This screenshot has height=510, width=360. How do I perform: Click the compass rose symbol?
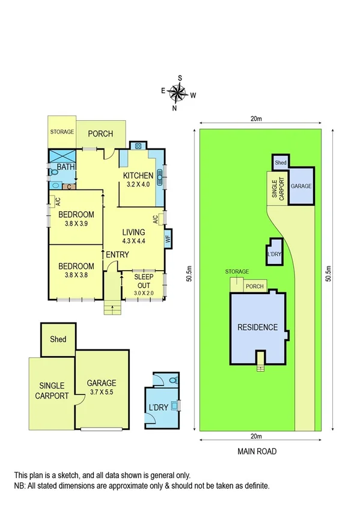pos(178,92)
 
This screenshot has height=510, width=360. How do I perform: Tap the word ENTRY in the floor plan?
pos(117,255)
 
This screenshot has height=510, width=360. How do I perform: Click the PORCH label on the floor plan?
pos(100,133)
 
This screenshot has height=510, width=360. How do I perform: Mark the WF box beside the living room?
pos(168,238)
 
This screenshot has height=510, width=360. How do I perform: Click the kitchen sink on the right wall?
pos(160,176)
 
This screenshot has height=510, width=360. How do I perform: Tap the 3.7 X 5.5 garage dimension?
pos(101,392)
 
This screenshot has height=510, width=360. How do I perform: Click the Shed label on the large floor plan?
pos(58,339)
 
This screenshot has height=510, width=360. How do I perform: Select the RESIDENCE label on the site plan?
pos(257,328)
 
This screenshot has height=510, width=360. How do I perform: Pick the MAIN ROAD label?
pos(257,451)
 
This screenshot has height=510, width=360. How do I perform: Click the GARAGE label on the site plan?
pos(301,186)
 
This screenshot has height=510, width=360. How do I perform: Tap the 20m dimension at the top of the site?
pos(257,118)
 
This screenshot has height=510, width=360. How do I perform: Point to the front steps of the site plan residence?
pos(260,360)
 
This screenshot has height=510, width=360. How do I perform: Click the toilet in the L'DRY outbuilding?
pos(174,381)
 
